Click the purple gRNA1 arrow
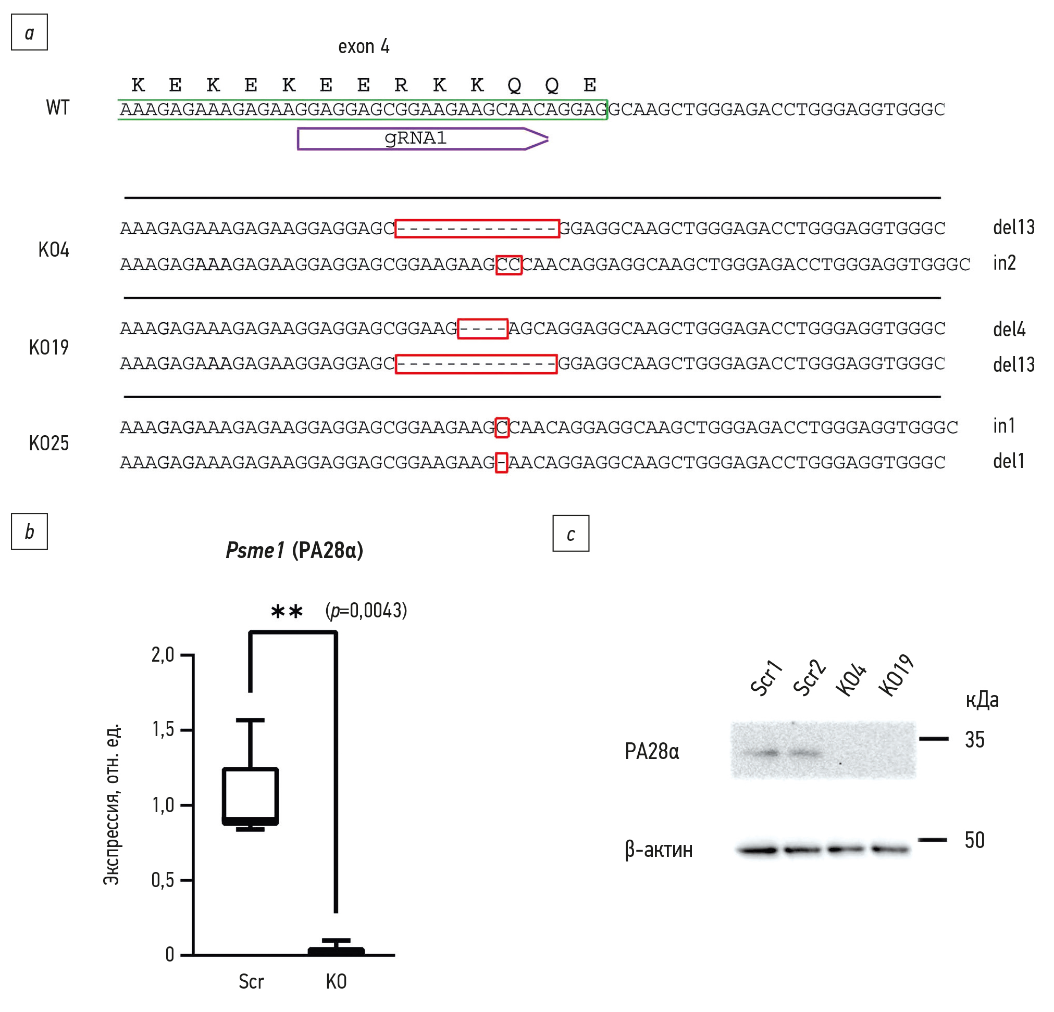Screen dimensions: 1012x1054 423,138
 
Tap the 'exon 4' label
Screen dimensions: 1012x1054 364,47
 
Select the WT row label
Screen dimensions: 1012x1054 57,107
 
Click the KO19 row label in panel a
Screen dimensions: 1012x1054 49,348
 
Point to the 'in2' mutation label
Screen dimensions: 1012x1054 1004,263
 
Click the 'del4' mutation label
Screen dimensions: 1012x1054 1009,329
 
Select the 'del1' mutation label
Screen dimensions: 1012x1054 1008,461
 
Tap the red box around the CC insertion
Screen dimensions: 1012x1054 509,265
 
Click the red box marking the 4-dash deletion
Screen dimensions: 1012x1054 482,329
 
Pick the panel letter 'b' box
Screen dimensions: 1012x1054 30,532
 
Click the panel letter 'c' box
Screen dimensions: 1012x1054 571,534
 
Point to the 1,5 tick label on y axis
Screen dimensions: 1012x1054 163,729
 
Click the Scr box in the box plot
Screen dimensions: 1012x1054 251,796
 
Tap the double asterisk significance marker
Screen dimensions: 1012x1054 287,611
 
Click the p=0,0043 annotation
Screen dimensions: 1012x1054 366,611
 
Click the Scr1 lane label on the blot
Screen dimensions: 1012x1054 766,678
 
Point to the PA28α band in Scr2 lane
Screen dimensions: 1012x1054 804,753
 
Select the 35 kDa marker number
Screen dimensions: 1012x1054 974,740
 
